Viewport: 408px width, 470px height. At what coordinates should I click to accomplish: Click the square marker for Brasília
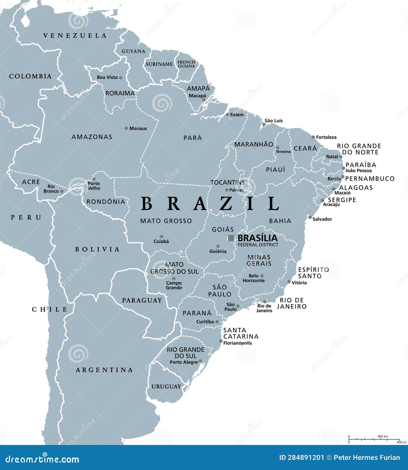231,238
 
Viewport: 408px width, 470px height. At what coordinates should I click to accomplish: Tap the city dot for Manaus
126,128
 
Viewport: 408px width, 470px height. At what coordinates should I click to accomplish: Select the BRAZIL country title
210,204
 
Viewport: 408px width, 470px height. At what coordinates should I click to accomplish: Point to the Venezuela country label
75,36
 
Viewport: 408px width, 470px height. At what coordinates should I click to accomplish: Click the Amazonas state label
92,137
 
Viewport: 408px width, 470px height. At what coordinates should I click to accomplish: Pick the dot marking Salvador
310,217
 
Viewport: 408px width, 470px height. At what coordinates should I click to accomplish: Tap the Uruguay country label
166,387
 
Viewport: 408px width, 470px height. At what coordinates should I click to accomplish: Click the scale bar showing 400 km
374,439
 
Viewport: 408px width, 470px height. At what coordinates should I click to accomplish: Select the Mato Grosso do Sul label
174,268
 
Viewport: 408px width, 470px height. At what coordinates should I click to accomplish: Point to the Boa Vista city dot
120,78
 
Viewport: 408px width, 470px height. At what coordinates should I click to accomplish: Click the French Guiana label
186,64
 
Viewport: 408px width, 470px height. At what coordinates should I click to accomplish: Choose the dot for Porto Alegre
200,361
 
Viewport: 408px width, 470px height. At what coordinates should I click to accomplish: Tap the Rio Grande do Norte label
359,149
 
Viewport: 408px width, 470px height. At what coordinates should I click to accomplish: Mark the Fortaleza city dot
313,137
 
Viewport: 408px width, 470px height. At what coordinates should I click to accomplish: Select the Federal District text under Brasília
258,245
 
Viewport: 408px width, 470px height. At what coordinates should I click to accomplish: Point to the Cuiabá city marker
161,237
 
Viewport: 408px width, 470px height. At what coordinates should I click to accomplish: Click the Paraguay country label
142,300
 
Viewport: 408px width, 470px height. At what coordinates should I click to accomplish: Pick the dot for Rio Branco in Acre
62,191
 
